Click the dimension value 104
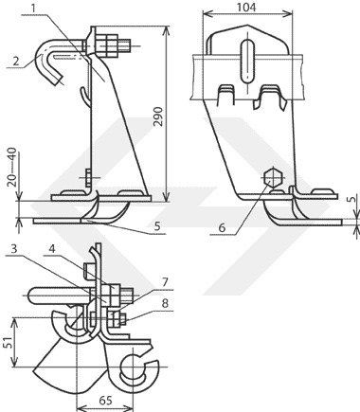[246, 8]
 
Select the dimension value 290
[158, 116]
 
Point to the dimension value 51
[9, 342]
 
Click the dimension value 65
[105, 401]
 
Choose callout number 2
[16, 61]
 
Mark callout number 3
[13, 249]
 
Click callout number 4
[52, 249]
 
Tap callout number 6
[222, 227]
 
